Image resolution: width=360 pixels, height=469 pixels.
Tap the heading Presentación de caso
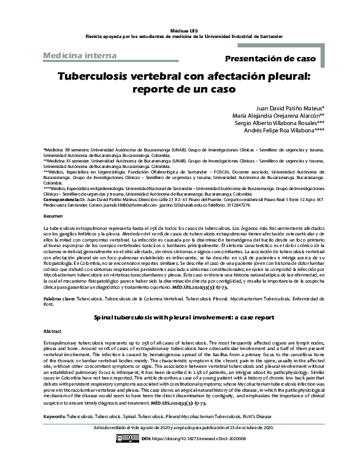(270, 59)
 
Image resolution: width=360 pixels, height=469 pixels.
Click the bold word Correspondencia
(62, 200)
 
